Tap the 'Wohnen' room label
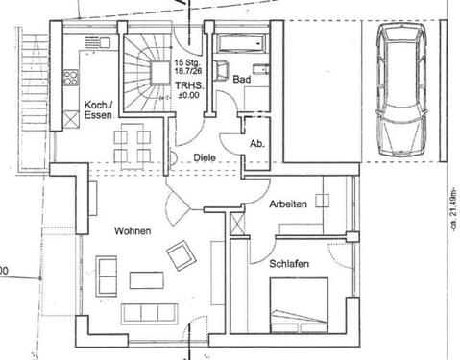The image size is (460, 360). coord(132,231)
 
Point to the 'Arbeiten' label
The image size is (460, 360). coord(288,204)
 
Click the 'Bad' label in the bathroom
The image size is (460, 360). coord(241,81)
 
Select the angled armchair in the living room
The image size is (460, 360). coord(180,257)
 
